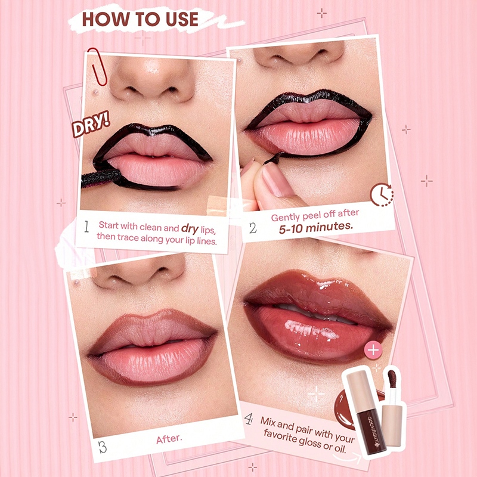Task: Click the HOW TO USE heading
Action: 140,19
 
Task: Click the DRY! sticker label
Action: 91,124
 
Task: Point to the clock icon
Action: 382,195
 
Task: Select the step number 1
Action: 86,227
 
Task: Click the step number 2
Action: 253,228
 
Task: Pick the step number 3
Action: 103,447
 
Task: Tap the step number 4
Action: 249,419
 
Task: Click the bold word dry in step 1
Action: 190,228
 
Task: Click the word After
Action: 169,439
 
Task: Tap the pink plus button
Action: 373,350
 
